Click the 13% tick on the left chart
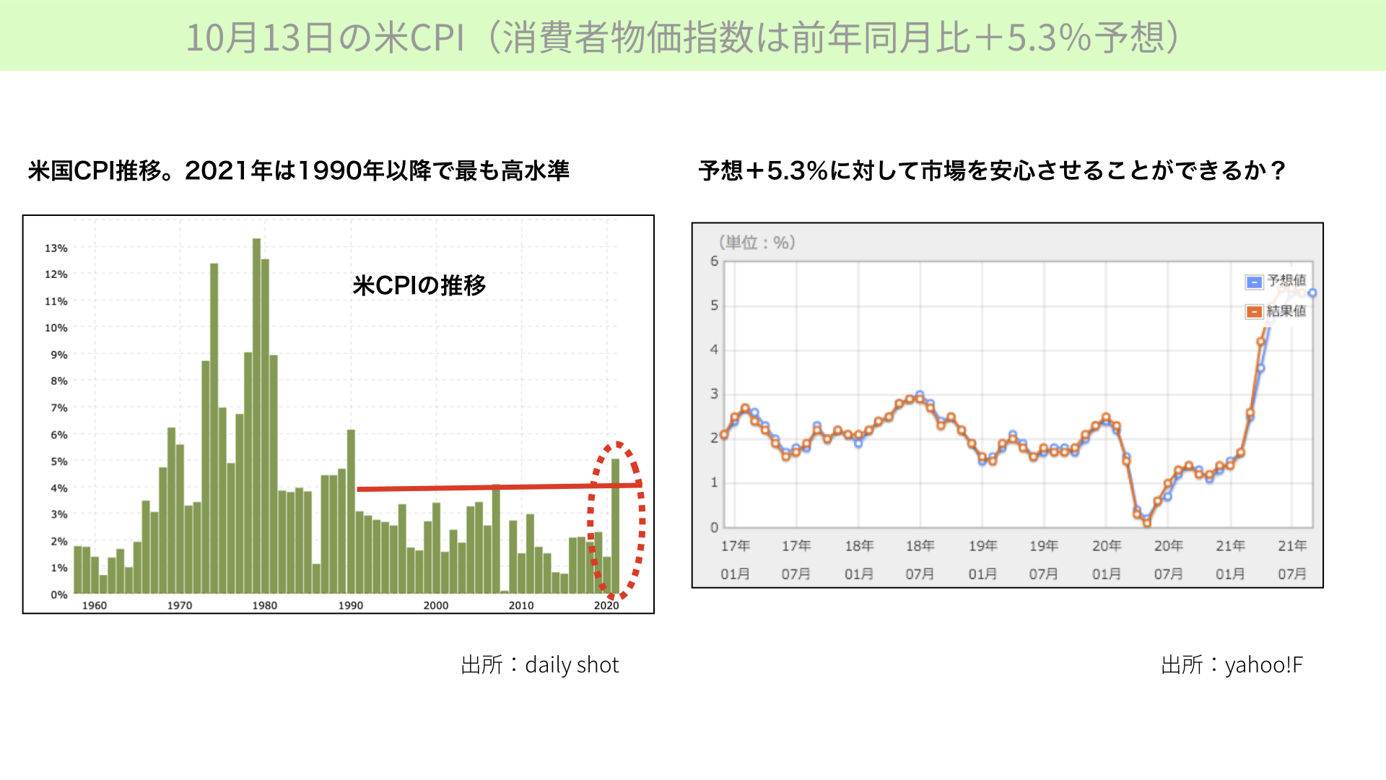tap(56, 248)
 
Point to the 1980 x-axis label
tap(264, 605)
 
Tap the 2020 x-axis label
tap(606, 605)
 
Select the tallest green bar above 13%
tap(257, 416)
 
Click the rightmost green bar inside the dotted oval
tap(615, 526)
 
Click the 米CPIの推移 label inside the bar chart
tap(419, 285)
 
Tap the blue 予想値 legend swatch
tap(1254, 282)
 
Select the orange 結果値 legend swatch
tap(1254, 312)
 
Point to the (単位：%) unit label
tap(757, 243)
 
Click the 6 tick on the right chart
tap(714, 261)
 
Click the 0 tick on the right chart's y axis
tap(714, 527)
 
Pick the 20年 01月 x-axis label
tap(1106, 560)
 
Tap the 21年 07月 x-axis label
tap(1292, 560)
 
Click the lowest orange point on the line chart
tap(1147, 523)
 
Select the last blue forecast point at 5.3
tap(1312, 292)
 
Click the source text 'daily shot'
tap(572, 664)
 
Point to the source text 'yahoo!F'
tap(1264, 664)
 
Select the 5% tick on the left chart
tap(58, 461)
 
